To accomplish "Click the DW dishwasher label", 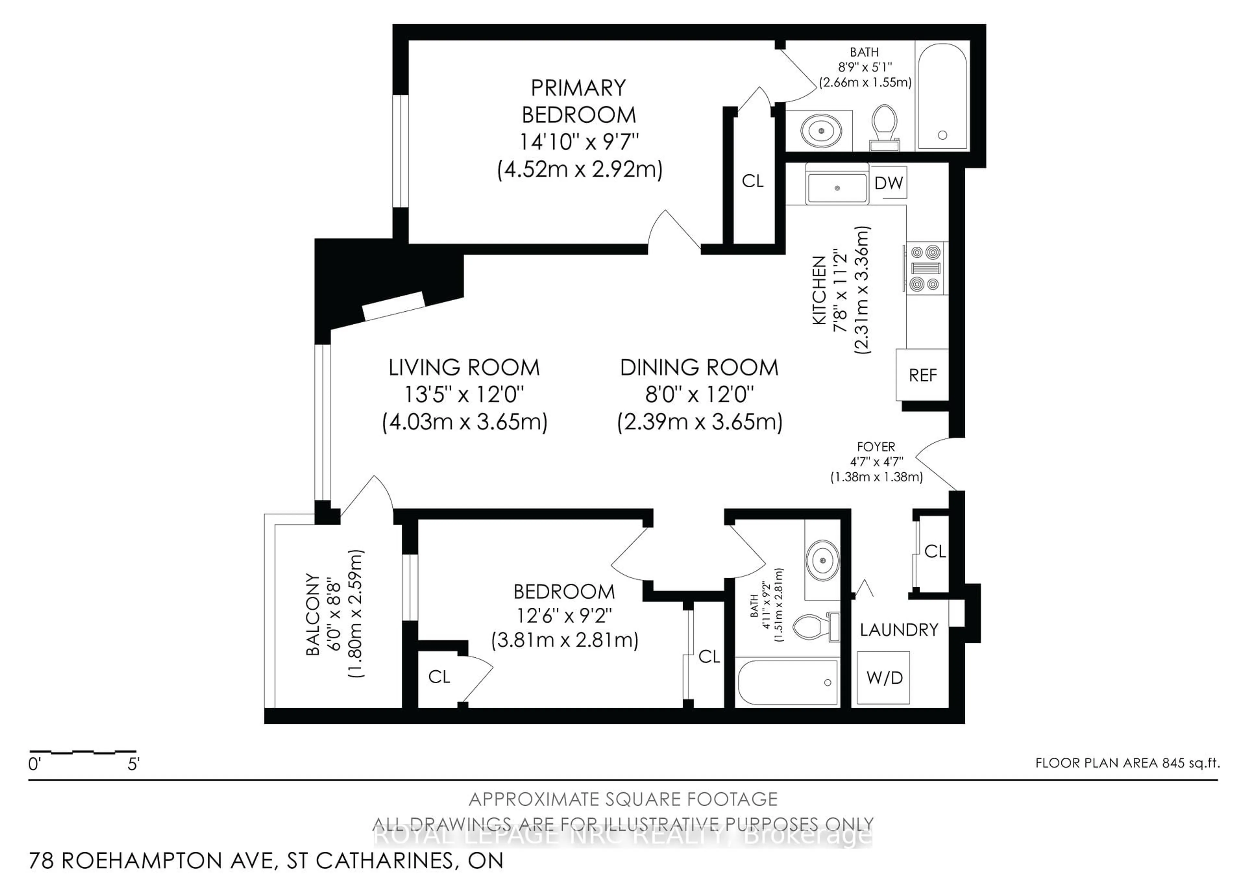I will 888,183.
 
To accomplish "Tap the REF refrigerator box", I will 922,375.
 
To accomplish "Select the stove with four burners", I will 925,268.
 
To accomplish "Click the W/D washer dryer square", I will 884,677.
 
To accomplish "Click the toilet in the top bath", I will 884,127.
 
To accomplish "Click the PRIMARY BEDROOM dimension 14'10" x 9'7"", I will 579,142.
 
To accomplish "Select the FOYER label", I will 875,447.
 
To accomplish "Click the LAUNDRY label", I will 899,630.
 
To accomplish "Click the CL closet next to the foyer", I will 934,552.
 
